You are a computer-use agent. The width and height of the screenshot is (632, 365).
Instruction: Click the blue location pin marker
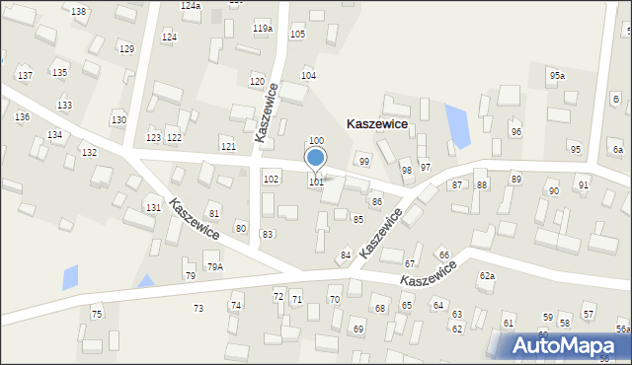coord(316,158)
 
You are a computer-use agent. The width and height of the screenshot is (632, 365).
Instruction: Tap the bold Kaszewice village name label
coord(390,125)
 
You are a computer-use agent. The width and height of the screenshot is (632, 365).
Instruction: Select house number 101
coord(317,182)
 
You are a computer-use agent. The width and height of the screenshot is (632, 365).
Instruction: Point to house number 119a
coord(262,29)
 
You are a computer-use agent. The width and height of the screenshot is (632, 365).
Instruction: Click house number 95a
coord(558,76)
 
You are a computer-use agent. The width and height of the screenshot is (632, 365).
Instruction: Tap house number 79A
coord(214,267)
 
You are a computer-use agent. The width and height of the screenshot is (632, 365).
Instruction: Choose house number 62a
coord(487,276)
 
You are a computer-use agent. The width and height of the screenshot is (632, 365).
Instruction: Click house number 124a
coord(191,6)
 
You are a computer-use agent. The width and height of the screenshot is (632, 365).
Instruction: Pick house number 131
coord(153,208)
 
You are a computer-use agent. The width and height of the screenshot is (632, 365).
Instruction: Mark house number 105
coord(297,35)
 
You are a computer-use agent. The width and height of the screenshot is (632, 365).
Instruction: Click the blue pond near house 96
coord(456,123)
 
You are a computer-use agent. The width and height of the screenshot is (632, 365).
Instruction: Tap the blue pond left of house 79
coord(70,277)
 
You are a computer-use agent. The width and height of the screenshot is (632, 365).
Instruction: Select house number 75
coord(97,314)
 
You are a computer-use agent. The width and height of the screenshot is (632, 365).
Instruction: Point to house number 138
coord(79,11)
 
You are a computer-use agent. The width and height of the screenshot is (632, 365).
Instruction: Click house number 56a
coord(623,329)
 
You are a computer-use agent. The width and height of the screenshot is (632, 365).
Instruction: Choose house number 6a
coord(618,150)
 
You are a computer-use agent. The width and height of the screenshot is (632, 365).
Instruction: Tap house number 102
coord(271,179)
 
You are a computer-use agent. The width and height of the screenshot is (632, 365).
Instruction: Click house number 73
coord(198,309)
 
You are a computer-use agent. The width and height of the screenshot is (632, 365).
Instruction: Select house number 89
coord(515,179)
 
